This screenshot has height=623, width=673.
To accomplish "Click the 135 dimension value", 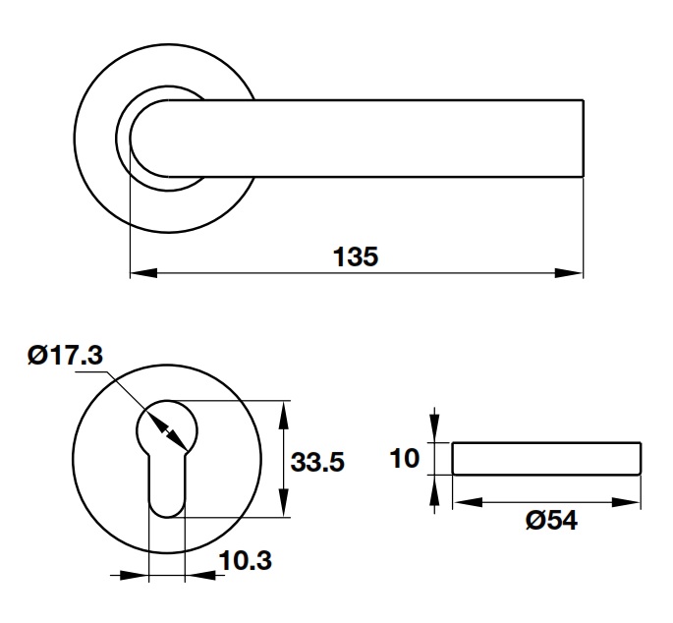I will (x=356, y=256).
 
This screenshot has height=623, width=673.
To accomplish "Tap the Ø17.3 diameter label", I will (x=65, y=356).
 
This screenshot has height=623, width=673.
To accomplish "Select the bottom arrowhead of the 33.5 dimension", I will (x=285, y=508).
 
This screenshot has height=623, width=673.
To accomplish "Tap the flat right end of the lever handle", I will (x=584, y=137).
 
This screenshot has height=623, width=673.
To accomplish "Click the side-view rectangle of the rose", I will (x=546, y=458).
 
